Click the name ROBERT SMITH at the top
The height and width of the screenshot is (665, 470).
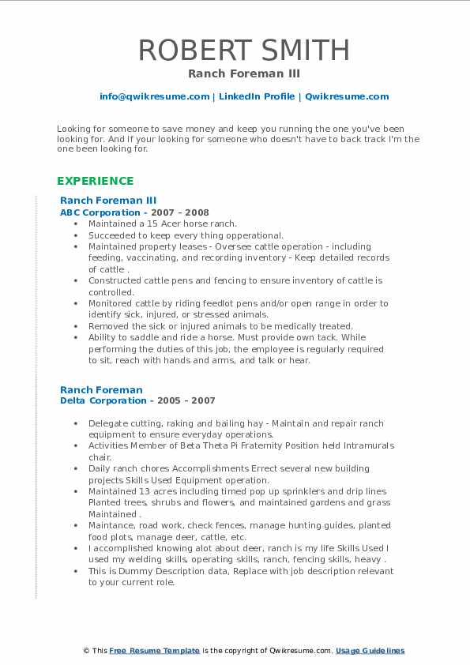[244, 50]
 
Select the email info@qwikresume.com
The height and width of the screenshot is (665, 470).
[154, 96]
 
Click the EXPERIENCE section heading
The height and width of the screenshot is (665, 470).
[96, 181]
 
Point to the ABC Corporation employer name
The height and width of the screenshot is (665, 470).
[100, 212]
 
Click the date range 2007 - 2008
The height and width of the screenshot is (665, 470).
[186, 212]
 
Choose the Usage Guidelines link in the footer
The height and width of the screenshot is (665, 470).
[370, 651]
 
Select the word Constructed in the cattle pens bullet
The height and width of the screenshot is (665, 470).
[115, 280]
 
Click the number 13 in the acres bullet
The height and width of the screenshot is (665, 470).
[144, 491]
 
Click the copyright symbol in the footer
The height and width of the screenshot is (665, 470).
[87, 651]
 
